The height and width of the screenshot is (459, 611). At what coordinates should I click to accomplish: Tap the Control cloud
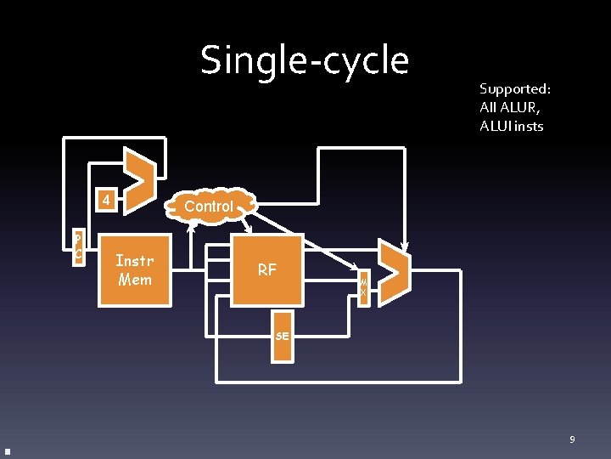coord(209,206)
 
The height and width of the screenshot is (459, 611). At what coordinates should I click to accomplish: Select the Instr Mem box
coord(135,269)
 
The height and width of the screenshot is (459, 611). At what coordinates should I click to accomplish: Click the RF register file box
coord(267,269)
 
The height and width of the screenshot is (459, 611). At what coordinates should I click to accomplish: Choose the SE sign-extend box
coord(283,336)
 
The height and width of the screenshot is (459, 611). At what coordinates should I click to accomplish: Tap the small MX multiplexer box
coord(363,286)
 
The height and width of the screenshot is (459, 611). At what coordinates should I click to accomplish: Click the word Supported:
coord(515,89)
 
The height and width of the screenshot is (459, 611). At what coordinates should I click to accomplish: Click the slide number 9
coord(572,439)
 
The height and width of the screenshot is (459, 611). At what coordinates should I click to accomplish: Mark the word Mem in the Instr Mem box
coord(135,279)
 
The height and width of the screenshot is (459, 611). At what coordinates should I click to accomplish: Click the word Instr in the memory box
coord(135,260)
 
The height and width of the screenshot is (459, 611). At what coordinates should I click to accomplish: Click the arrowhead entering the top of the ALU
coord(406,247)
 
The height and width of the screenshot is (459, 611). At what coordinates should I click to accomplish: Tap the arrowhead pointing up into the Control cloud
coord(192,226)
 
